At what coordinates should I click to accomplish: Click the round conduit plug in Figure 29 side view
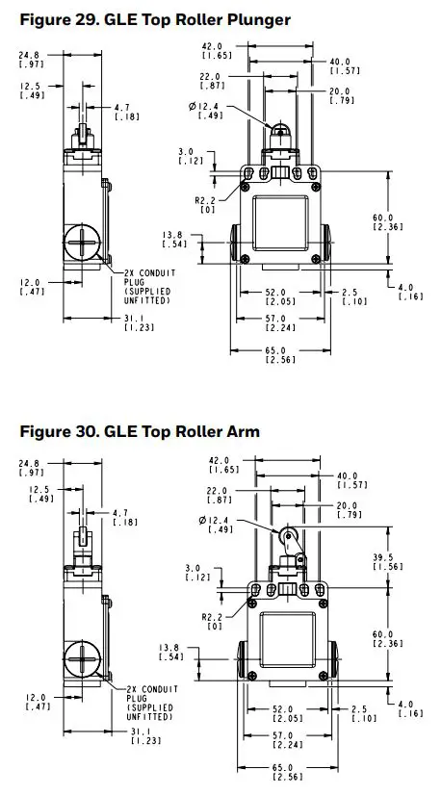(x=83, y=242)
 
